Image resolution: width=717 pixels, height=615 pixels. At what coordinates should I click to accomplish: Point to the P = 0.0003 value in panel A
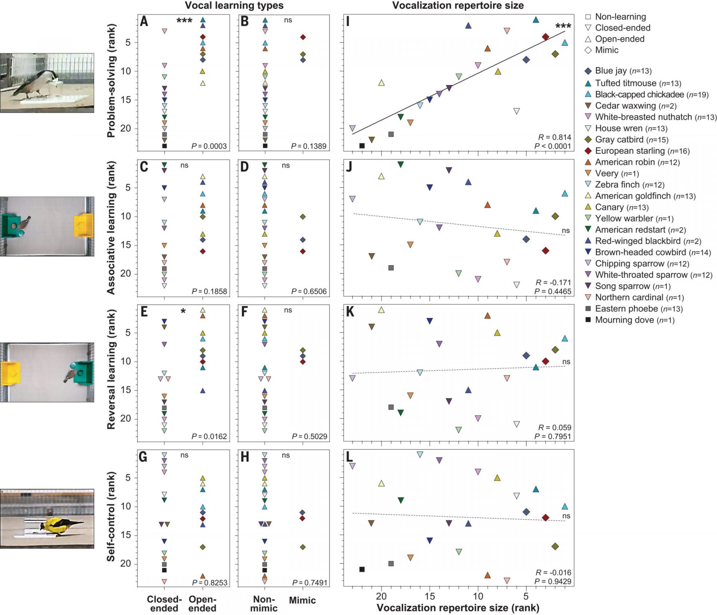click(209, 146)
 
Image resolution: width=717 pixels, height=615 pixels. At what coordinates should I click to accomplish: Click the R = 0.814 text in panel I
click(554, 137)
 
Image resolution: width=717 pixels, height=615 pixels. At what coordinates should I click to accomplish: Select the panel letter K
click(350, 311)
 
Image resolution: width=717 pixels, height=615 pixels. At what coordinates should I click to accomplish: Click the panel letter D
click(245, 167)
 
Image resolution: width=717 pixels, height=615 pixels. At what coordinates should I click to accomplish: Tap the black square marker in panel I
click(361, 146)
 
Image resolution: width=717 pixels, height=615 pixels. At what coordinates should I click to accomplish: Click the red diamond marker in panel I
click(545, 37)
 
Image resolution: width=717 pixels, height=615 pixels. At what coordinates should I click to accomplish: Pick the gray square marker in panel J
click(391, 268)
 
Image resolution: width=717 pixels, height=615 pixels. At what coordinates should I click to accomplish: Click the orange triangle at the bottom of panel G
click(203, 576)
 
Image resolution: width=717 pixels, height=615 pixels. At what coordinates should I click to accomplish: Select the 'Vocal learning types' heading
click(234, 6)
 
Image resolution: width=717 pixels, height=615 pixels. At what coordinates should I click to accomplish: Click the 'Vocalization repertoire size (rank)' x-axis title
click(458, 608)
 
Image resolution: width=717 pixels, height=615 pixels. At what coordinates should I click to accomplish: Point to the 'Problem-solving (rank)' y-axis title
click(111, 81)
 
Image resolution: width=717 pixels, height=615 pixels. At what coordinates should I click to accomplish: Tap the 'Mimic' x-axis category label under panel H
click(302, 600)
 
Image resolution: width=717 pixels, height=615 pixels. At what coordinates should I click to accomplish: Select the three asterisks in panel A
click(184, 21)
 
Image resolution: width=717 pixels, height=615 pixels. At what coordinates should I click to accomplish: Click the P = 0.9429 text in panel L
click(553, 581)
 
